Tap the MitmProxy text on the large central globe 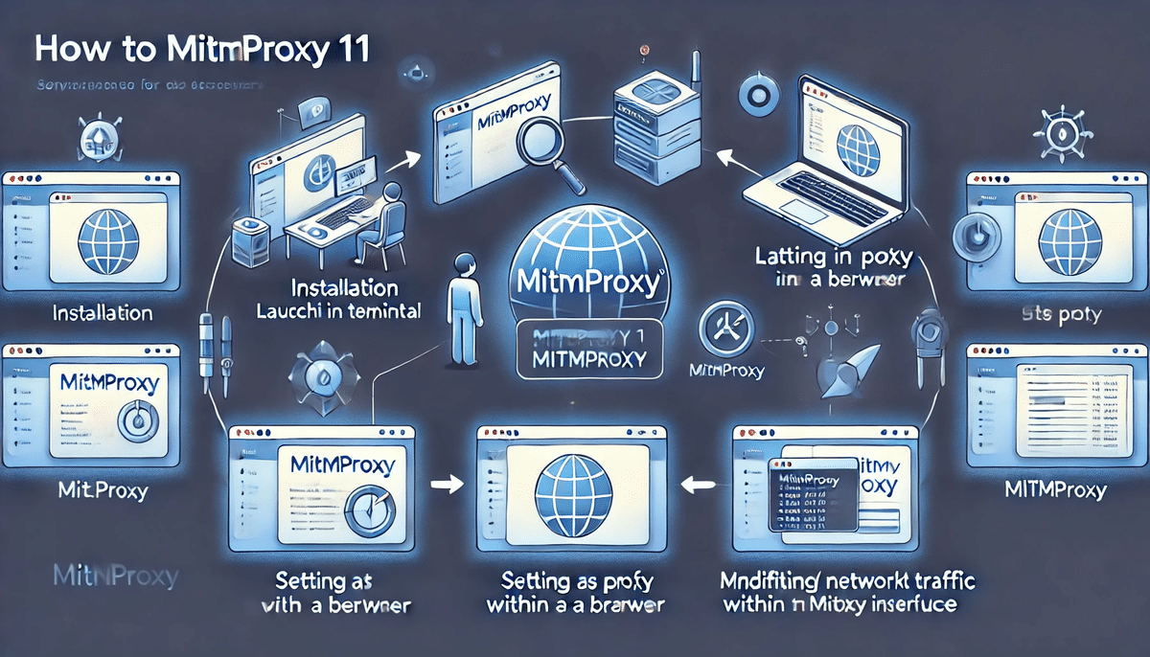tap(586, 283)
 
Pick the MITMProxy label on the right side tap(1055, 491)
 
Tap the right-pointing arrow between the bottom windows tap(443, 486)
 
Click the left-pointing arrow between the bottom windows tap(698, 486)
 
